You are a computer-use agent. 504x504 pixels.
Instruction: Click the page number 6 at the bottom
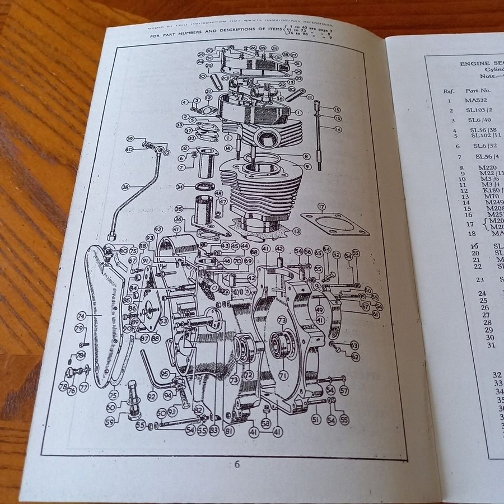pyautogui.click(x=237, y=464)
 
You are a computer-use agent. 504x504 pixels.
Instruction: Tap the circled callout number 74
pyautogui.click(x=81, y=315)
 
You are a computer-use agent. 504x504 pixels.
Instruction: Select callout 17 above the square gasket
pyautogui.click(x=321, y=207)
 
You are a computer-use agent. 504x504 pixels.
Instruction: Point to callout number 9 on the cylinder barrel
pyautogui.click(x=307, y=166)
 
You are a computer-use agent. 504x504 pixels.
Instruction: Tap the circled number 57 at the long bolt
pyautogui.click(x=344, y=391)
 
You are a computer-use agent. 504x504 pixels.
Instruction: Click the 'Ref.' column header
pyautogui.click(x=449, y=90)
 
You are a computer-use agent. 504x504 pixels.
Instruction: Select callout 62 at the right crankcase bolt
pyautogui.click(x=355, y=357)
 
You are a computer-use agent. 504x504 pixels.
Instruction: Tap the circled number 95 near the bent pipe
pyautogui.click(x=165, y=373)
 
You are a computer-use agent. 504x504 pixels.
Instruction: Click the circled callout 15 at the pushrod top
pyautogui.click(x=337, y=109)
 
